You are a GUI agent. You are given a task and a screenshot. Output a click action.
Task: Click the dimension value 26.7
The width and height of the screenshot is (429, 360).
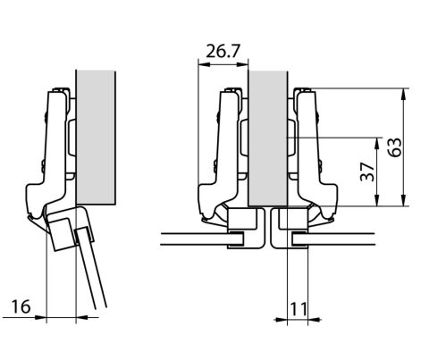pos(223,51)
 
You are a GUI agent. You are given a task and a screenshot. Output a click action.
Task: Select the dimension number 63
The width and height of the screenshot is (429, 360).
pos(395,147)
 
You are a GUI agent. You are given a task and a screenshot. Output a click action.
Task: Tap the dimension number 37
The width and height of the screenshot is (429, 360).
pos(367,172)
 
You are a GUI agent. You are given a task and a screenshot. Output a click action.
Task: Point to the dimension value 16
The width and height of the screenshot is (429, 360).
pos(21,306)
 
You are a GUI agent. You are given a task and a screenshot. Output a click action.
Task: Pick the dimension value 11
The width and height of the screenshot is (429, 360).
pos(299,309)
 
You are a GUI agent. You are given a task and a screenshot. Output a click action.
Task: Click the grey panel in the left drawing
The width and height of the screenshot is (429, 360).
pos(96,138)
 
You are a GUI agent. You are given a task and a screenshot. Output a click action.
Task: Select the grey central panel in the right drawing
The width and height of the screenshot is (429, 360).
pos(268,138)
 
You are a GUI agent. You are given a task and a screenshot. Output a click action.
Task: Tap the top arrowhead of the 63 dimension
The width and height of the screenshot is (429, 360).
pos(403,94)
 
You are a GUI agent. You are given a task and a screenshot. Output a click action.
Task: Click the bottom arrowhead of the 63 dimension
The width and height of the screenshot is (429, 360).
pos(403,200)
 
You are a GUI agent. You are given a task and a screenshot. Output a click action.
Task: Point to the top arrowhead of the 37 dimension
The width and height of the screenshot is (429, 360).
pos(377,143)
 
